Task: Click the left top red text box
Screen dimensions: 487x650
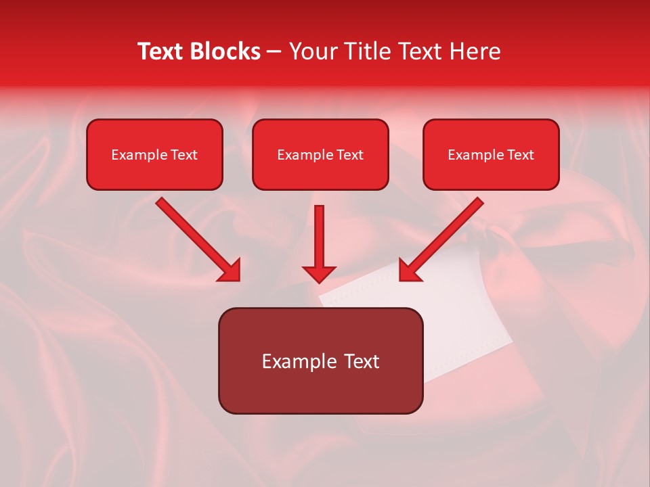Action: coord(154,154)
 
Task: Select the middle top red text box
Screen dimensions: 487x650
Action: coord(320,154)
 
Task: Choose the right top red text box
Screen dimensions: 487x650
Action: coord(491,154)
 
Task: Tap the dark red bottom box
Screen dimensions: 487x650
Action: coord(320,361)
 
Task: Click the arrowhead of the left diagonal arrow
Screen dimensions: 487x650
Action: coord(230,270)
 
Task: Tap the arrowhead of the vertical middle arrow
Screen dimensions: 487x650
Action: coord(319,273)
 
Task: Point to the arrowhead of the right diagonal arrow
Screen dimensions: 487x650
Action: coord(410,270)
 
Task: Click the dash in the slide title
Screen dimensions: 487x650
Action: coord(274,52)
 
